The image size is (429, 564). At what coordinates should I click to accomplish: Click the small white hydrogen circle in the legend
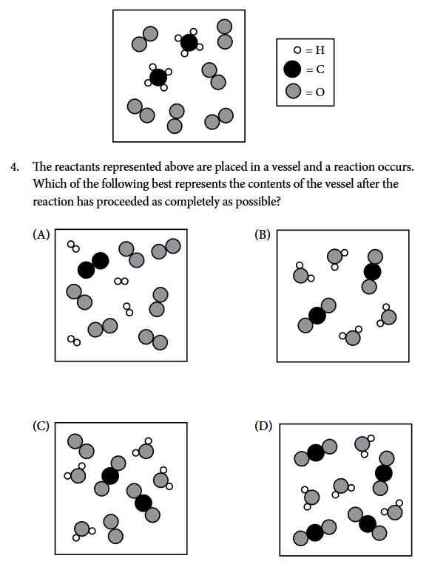point(297,50)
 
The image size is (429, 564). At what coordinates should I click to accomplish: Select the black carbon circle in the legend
point(292,69)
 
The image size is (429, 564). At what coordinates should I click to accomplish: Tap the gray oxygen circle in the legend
point(293,91)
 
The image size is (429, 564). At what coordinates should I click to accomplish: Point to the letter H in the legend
point(320,50)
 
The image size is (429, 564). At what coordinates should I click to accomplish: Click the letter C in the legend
point(320,69)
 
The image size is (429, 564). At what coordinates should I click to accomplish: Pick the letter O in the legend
point(320,92)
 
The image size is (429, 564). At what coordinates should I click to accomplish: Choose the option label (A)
point(41,234)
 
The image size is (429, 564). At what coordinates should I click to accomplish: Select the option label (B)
point(263,234)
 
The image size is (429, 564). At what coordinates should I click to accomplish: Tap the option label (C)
point(41,426)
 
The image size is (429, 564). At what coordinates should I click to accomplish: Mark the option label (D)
point(263,426)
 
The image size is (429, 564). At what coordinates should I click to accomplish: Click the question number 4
point(14,167)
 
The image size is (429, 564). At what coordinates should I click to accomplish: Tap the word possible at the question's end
point(257,202)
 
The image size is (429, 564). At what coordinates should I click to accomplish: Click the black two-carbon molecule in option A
point(93,265)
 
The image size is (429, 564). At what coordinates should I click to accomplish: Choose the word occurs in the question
point(396,167)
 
